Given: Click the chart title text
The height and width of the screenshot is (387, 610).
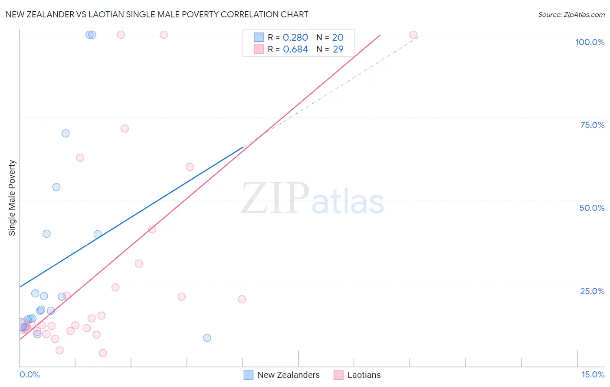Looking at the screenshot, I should pos(157,14).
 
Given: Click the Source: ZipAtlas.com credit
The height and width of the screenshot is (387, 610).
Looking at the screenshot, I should pos(571,14).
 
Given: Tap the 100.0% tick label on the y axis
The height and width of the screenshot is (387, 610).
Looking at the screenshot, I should pos(590,42).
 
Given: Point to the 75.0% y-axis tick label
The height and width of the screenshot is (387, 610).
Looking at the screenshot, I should pos(592,125).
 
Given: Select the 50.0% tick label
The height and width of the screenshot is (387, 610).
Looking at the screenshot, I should pos(592,208).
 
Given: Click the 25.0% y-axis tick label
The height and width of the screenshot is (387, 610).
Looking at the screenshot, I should pos(592,291).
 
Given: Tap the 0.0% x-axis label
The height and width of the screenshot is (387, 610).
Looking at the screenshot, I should pos(30,374).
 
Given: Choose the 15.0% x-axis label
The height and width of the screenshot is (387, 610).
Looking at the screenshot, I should pos(593,374).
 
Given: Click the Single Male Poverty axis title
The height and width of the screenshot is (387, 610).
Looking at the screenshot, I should pos(12,198).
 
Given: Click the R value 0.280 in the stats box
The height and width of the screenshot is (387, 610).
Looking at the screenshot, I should pos(295,38).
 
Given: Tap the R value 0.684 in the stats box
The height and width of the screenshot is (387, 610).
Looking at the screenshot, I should pos(295,49).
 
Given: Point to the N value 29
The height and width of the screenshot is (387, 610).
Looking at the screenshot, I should pos(338,49).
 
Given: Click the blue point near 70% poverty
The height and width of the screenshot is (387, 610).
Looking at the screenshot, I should pos(66,133).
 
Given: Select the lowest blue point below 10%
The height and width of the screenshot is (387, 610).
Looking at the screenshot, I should pos(207,338).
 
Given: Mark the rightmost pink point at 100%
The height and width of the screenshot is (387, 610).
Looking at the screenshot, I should pos(413,35).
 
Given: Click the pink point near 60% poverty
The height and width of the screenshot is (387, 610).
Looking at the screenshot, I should pos(190,167).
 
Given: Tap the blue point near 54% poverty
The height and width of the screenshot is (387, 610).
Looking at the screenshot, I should pos(56,187).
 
